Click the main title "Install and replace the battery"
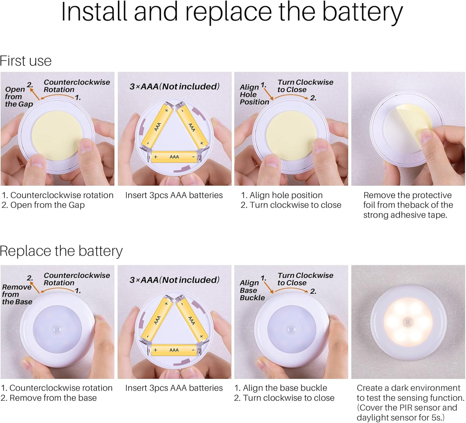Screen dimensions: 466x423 (x=232, y=13)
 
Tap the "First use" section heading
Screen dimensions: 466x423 (x=25, y=61)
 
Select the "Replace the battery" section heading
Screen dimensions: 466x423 (x=61, y=251)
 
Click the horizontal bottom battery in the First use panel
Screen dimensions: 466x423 (x=174, y=157)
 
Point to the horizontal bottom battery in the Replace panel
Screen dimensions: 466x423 (x=174, y=350)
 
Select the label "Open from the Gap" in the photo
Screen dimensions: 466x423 (x=19, y=96)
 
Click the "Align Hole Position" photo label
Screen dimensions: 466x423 (x=254, y=94)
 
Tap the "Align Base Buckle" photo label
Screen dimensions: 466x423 (x=252, y=290)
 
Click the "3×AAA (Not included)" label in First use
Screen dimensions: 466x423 (x=174, y=86)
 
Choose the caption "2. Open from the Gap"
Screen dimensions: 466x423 (x=43, y=205)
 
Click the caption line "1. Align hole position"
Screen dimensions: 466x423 (x=282, y=195)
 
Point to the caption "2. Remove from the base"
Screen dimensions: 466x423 (x=49, y=398)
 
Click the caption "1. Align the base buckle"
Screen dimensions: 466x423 (x=281, y=388)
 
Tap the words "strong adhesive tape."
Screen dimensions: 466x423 (x=405, y=215)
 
